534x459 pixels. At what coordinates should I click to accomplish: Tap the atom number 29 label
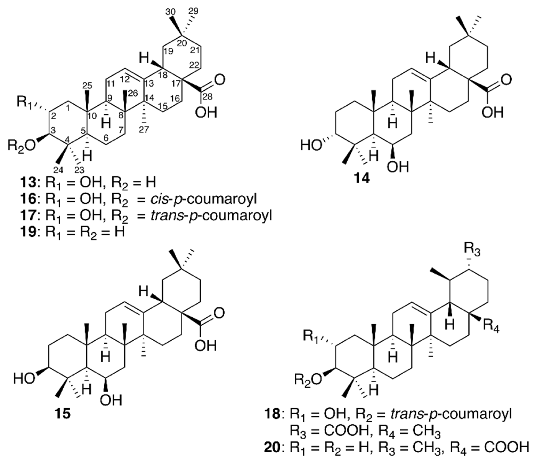194,11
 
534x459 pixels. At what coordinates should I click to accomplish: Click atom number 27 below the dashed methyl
144,129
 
